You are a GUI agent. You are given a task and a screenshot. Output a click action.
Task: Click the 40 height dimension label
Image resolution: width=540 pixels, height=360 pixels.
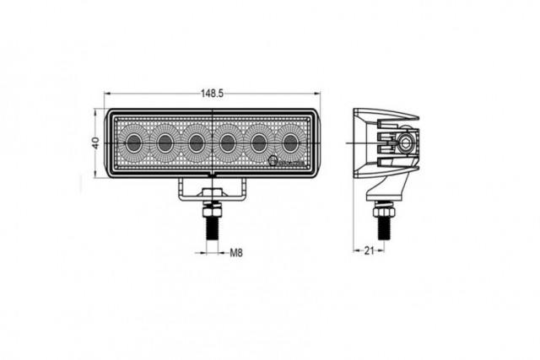click(96, 143)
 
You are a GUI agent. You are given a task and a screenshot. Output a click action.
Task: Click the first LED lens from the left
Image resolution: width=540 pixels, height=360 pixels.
click(135, 142)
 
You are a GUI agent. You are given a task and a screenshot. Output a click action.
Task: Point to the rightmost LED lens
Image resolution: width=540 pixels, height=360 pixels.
click(291, 142)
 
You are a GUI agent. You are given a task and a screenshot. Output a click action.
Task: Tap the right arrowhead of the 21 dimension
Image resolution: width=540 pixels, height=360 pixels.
click(386, 250)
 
